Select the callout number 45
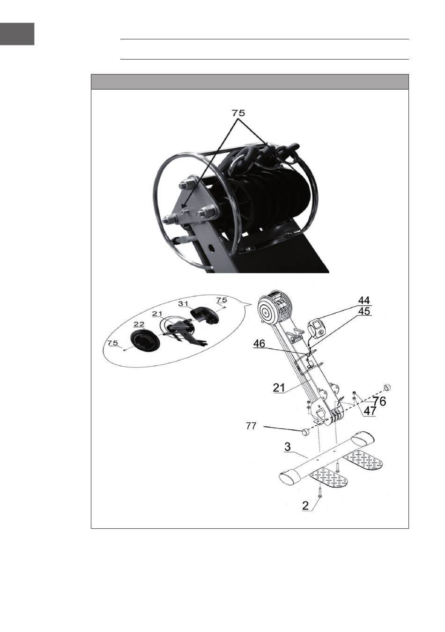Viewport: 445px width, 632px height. [363, 311]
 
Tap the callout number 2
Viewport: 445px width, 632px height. [305, 506]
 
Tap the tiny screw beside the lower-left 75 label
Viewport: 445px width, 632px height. [123, 349]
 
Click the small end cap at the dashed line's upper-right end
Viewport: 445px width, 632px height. [387, 387]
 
